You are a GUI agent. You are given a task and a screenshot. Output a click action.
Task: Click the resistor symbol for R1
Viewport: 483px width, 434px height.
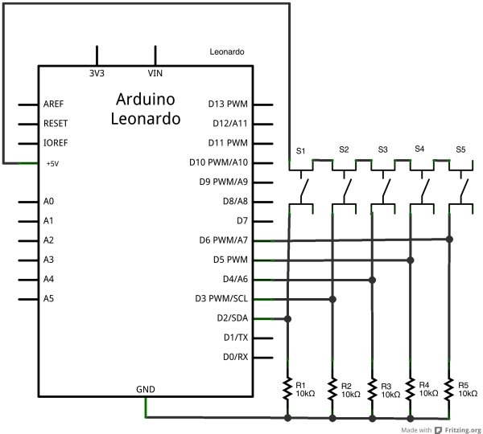tap(287, 388)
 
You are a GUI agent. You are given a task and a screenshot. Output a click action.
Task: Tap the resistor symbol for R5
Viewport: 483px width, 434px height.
tap(449, 388)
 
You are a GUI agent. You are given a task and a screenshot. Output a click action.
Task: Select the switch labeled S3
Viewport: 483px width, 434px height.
tap(383, 187)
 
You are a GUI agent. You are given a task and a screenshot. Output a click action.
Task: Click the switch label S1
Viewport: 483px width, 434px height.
tap(300, 151)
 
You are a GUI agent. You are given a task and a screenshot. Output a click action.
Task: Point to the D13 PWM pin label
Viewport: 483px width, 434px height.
tap(228, 104)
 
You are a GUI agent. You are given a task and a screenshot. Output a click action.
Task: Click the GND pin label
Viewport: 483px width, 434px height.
tap(146, 390)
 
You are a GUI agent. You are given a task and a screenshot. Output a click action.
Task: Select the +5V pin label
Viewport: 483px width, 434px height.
tap(52, 164)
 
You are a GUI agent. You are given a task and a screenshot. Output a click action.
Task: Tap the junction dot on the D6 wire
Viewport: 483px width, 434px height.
tap(449, 239)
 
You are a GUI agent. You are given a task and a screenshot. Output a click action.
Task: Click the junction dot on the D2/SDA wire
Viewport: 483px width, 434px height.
tap(287, 319)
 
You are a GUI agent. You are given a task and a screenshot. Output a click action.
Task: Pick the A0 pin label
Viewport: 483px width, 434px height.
tap(48, 201)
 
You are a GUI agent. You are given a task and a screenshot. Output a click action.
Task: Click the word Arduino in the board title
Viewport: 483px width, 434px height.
tap(146, 99)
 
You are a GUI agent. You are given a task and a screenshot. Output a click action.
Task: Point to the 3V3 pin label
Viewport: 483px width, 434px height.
tap(97, 73)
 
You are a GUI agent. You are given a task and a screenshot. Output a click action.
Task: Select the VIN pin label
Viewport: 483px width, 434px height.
tap(155, 73)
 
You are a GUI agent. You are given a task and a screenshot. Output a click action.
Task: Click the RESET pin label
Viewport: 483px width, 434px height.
tap(56, 123)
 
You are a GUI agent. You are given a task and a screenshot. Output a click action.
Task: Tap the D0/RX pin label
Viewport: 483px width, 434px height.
tap(235, 357)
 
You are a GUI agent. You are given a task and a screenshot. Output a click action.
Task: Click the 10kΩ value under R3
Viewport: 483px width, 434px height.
tap(390, 395)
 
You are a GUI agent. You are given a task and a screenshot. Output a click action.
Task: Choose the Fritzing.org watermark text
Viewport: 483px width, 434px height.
tap(463, 430)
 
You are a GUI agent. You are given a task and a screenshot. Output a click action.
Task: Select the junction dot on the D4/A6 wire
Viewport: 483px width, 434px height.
tap(373, 280)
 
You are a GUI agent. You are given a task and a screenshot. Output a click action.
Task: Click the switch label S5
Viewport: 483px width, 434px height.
tap(460, 149)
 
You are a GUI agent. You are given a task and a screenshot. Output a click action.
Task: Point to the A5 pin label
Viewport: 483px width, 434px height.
tap(48, 298)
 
